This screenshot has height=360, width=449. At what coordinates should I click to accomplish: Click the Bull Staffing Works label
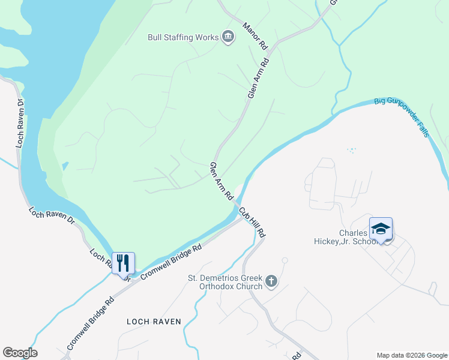(183, 37)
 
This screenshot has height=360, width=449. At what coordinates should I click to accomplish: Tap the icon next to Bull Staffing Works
(228, 37)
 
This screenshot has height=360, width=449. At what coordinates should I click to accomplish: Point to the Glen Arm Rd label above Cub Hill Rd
(221, 181)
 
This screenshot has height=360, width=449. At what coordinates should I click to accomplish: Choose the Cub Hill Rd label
(252, 222)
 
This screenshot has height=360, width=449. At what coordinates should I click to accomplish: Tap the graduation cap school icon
(381, 228)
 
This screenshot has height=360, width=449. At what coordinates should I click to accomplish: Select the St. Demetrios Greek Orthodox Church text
(225, 282)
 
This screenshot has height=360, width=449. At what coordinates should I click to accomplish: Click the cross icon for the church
(271, 280)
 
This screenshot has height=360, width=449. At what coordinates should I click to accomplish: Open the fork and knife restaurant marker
(123, 262)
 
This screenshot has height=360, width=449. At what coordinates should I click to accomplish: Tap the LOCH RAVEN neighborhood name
(154, 322)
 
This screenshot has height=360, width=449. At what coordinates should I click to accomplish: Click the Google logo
(20, 353)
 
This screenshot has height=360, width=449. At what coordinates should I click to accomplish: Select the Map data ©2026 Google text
(411, 355)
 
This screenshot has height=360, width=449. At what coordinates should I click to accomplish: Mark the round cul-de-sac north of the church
(285, 260)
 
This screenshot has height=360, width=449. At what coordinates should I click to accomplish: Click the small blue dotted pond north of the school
(352, 149)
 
